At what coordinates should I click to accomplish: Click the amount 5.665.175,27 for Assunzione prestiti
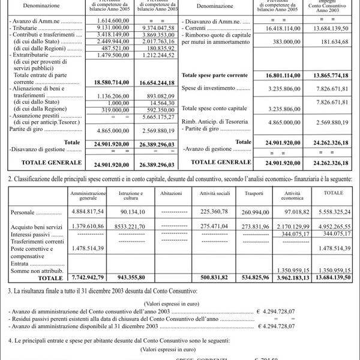(x=158, y=118)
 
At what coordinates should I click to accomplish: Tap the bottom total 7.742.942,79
(x=88, y=278)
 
